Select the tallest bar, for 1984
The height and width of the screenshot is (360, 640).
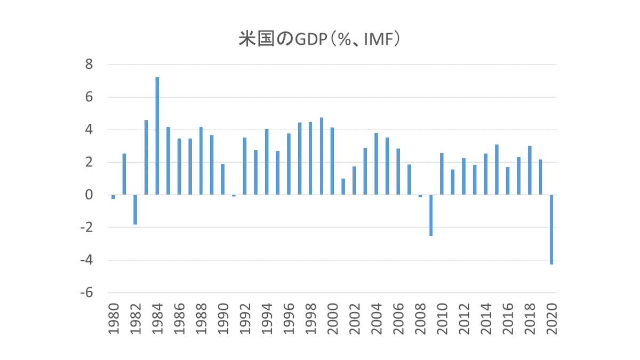pos(157,136)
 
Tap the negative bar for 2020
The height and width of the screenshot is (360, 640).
pos(551,229)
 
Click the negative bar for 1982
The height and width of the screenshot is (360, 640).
pos(135,210)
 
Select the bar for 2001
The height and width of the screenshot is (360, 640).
pos(343,187)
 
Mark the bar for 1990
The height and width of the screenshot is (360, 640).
pos(223,179)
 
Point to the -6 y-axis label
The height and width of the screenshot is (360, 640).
pos(86,293)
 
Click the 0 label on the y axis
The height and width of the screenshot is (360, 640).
pos(89,195)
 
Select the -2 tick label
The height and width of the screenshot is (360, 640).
pos(86,228)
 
